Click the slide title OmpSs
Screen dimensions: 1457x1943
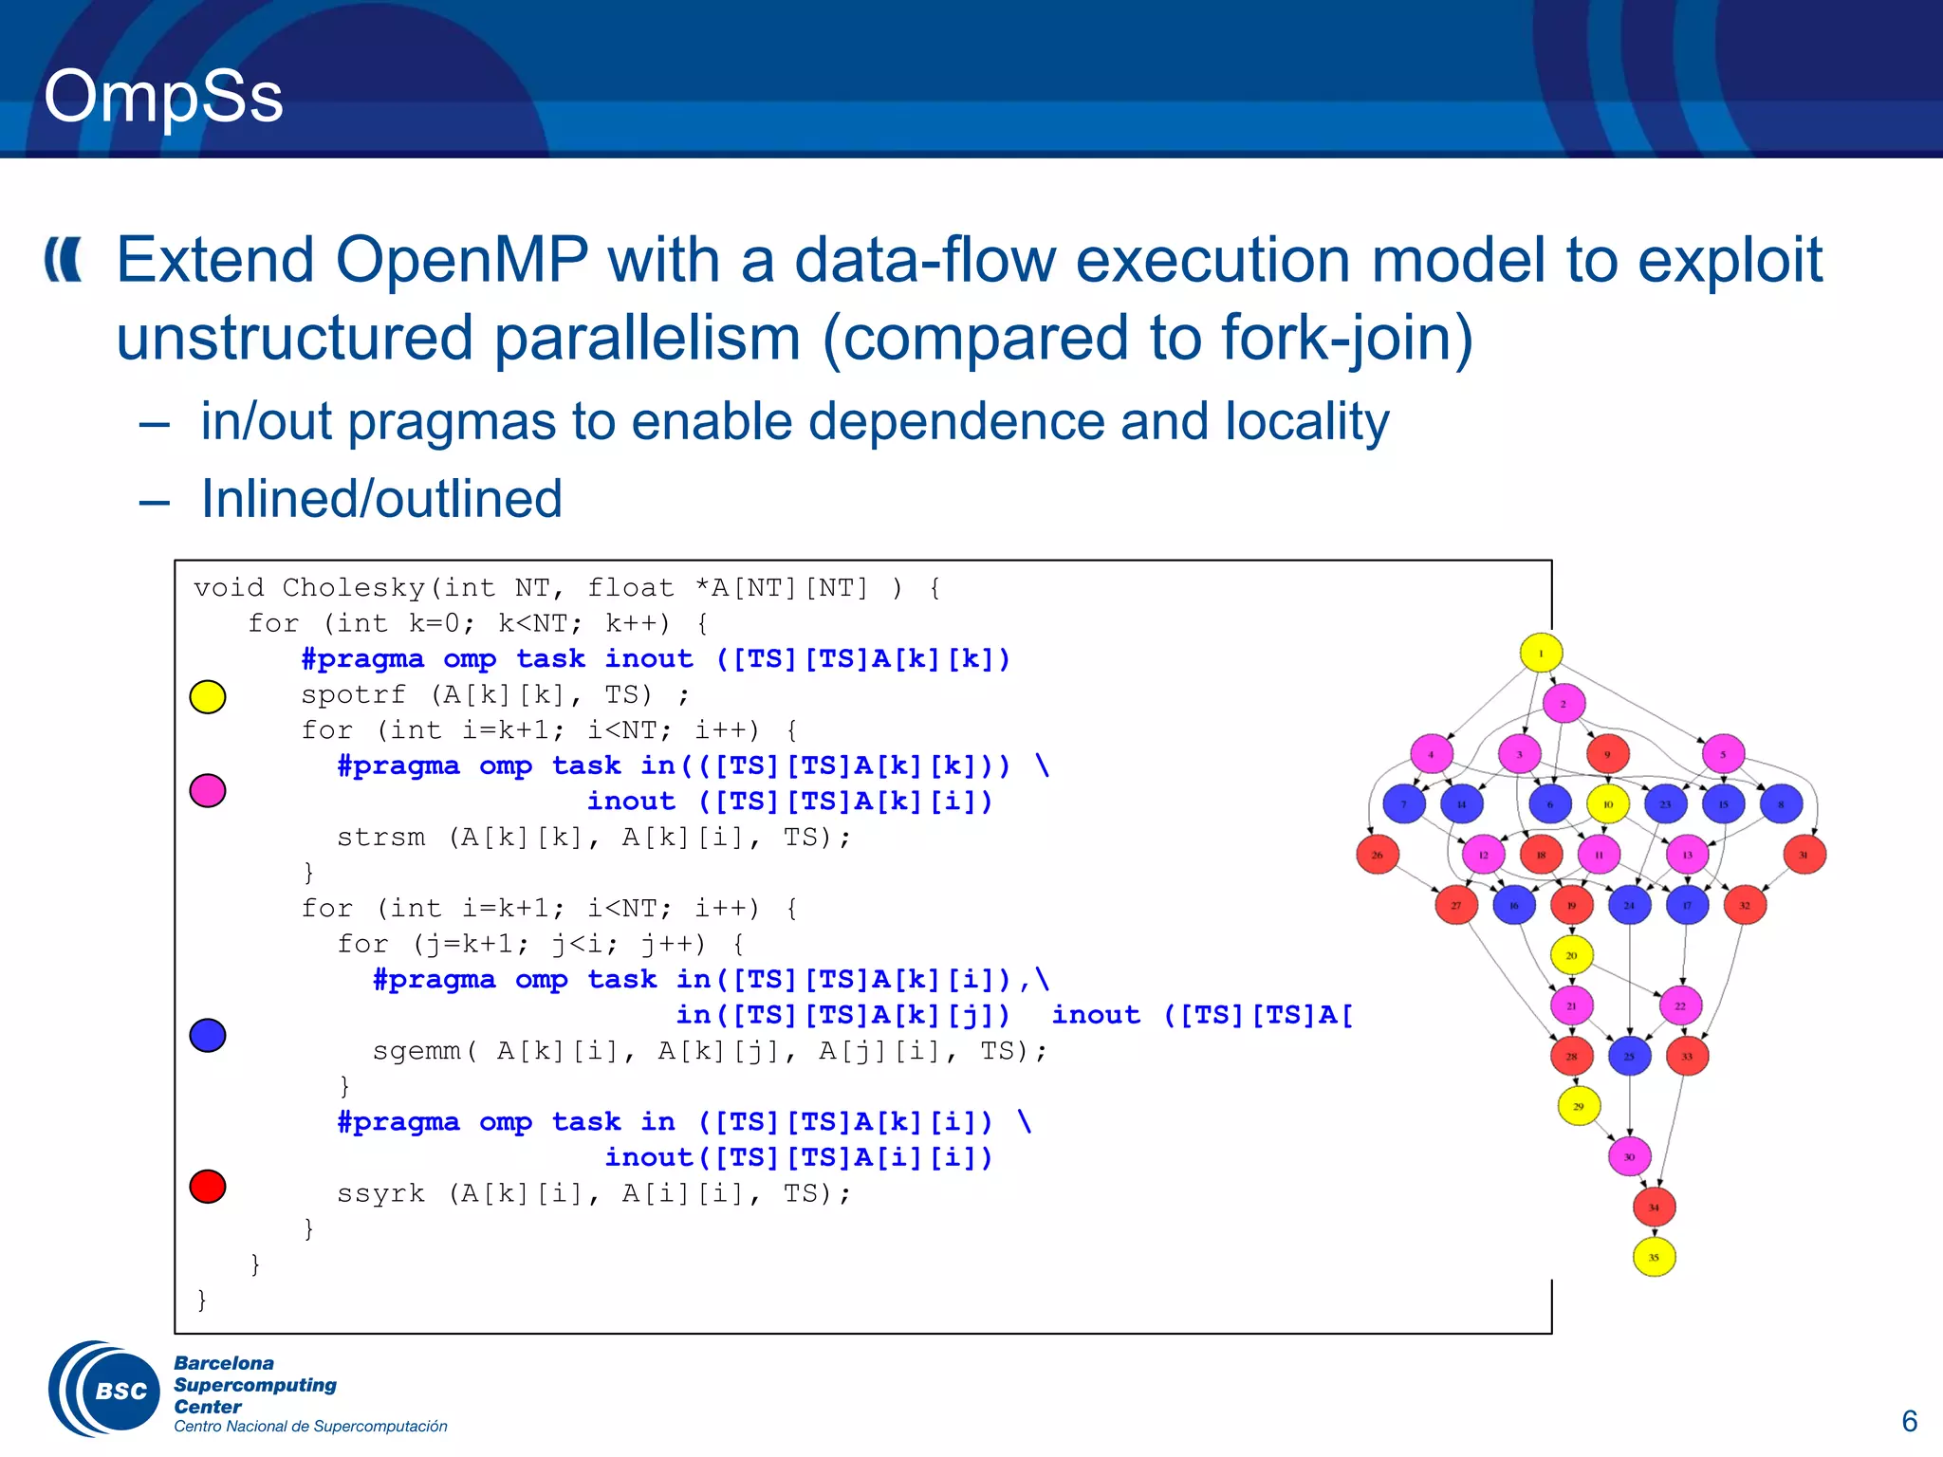pyautogui.click(x=163, y=96)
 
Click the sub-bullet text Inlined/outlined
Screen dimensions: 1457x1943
pyautogui.click(x=381, y=499)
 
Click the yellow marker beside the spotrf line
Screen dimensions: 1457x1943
pyautogui.click(x=208, y=696)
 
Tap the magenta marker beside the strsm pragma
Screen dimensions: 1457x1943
pyautogui.click(x=208, y=789)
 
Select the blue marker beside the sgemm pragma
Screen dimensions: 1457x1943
pyautogui.click(x=208, y=1035)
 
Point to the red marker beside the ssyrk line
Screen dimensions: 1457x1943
pyautogui.click(x=208, y=1186)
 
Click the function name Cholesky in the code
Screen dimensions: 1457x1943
pyautogui.click(x=354, y=588)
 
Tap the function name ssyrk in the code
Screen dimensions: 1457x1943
pyautogui.click(x=380, y=1193)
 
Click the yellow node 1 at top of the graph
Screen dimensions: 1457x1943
pyautogui.click(x=1541, y=653)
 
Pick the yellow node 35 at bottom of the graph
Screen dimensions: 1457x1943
pyautogui.click(x=1654, y=1257)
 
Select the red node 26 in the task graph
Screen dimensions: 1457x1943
pyautogui.click(x=1378, y=855)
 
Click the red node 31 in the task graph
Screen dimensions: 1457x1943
pyautogui.click(x=1804, y=855)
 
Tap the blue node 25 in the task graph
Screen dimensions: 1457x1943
pyautogui.click(x=1630, y=1056)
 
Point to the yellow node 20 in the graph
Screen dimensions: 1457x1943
pyautogui.click(x=1572, y=955)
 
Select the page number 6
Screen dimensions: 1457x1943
pyautogui.click(x=1909, y=1421)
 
